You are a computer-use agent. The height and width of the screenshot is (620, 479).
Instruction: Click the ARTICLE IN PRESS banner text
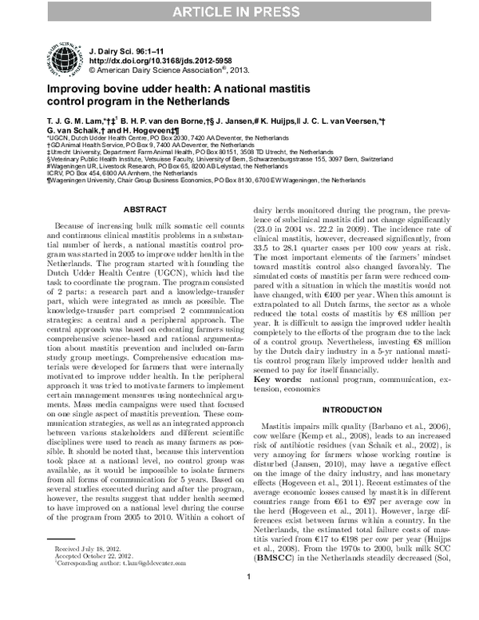click(239, 10)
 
